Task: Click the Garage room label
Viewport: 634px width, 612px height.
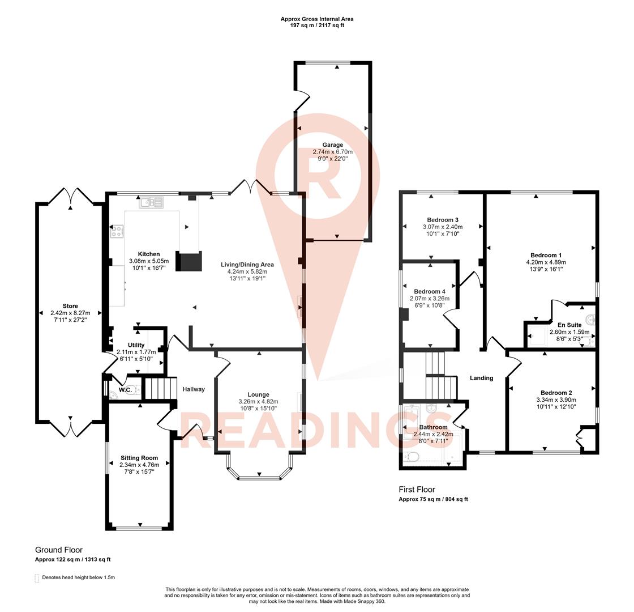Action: [332, 145]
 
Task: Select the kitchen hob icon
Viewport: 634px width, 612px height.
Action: [117, 231]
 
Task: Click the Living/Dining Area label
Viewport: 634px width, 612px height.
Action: [247, 265]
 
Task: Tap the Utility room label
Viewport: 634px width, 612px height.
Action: [136, 345]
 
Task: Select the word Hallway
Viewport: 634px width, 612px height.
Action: [194, 389]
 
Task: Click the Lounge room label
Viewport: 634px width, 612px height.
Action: [258, 394]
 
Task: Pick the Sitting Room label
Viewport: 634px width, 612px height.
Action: [139, 458]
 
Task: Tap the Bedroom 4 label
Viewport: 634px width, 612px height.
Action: [430, 291]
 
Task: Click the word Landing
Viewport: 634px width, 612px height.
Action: [482, 378]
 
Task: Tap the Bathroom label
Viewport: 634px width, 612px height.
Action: [433, 427]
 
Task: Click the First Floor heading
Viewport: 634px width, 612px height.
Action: [417, 490]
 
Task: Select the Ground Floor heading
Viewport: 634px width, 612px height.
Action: [59, 550]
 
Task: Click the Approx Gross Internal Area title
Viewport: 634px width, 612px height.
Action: [317, 19]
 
